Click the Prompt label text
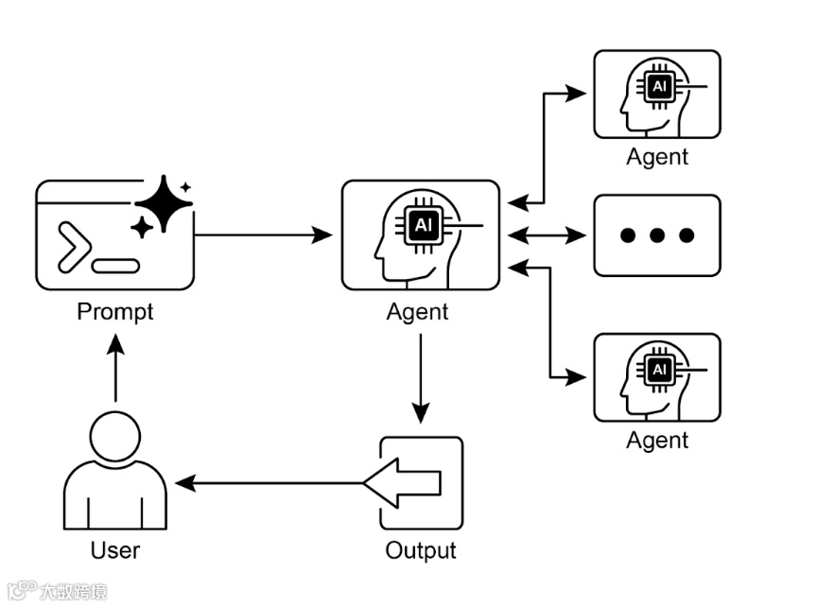click(114, 311)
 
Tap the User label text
click(115, 550)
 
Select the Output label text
click(421, 550)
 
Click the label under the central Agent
click(418, 311)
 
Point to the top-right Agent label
click(657, 157)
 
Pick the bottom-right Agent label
click(657, 440)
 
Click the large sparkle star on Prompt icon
click(164, 203)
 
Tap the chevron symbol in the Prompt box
click(75, 248)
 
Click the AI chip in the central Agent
click(423, 225)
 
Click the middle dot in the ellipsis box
click(657, 235)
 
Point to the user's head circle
click(114, 436)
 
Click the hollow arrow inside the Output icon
click(404, 483)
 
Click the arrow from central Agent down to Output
click(421, 377)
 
